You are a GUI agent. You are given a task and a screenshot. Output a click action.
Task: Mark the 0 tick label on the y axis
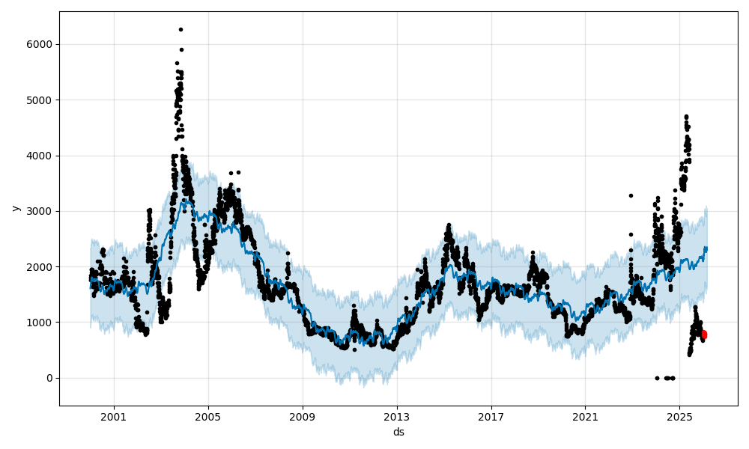pos(50,378)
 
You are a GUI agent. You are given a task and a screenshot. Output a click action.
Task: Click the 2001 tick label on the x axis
pos(114,417)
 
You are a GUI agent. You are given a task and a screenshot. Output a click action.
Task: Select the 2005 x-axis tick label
pos(208,417)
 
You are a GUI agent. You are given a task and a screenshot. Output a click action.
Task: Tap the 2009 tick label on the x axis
pos(303,417)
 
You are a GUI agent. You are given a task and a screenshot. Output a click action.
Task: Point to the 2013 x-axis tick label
pos(397,417)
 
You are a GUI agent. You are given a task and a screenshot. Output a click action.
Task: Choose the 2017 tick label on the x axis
pos(491,417)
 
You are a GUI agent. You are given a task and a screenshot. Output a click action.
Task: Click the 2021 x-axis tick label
pos(585,417)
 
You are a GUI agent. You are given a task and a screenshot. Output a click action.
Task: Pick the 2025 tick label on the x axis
pos(679,417)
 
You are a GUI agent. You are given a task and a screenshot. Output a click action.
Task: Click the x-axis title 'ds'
pos(398,432)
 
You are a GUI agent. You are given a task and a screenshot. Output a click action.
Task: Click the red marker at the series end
pos(703,335)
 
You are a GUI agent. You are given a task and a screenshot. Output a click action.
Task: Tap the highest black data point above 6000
pos(181,29)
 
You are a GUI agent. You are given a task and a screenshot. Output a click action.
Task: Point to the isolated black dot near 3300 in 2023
pos(631,195)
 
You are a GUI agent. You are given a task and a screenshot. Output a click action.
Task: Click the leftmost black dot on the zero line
pos(657,378)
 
